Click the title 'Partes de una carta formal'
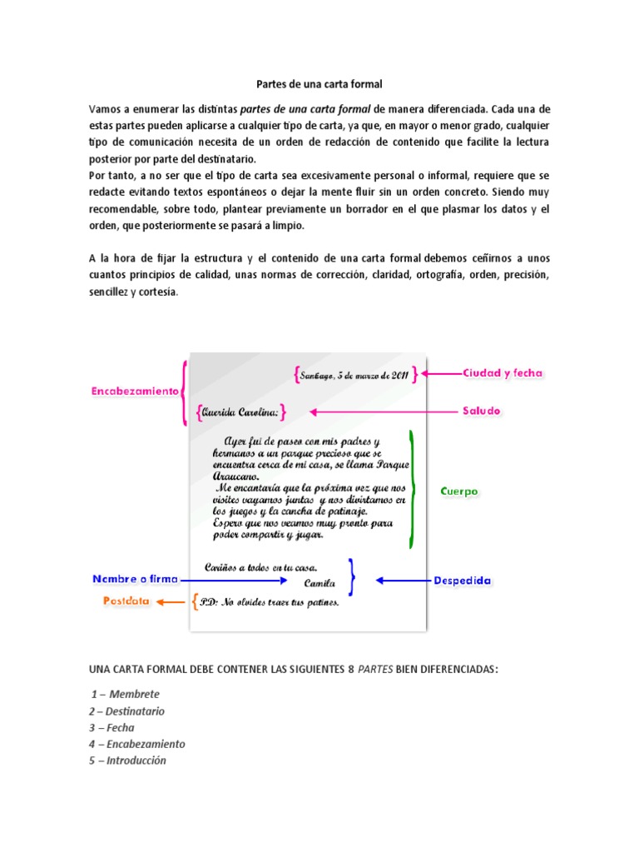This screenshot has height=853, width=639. (318, 84)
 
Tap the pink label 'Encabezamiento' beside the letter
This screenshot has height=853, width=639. (136, 390)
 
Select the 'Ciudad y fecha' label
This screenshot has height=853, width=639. (503, 374)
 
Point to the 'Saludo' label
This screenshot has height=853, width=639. (482, 412)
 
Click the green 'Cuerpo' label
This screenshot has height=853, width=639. (458, 491)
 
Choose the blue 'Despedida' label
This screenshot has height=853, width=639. (462, 581)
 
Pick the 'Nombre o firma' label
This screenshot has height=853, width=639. (132, 579)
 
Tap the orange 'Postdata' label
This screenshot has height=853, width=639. (126, 601)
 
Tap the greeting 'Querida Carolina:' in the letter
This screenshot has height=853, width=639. (240, 412)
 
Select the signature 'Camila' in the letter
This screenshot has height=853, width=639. (320, 584)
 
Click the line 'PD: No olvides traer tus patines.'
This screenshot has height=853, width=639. (270, 603)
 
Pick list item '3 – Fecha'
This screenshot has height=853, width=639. (111, 727)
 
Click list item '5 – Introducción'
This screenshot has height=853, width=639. (127, 761)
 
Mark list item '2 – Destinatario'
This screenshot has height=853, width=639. (126, 711)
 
